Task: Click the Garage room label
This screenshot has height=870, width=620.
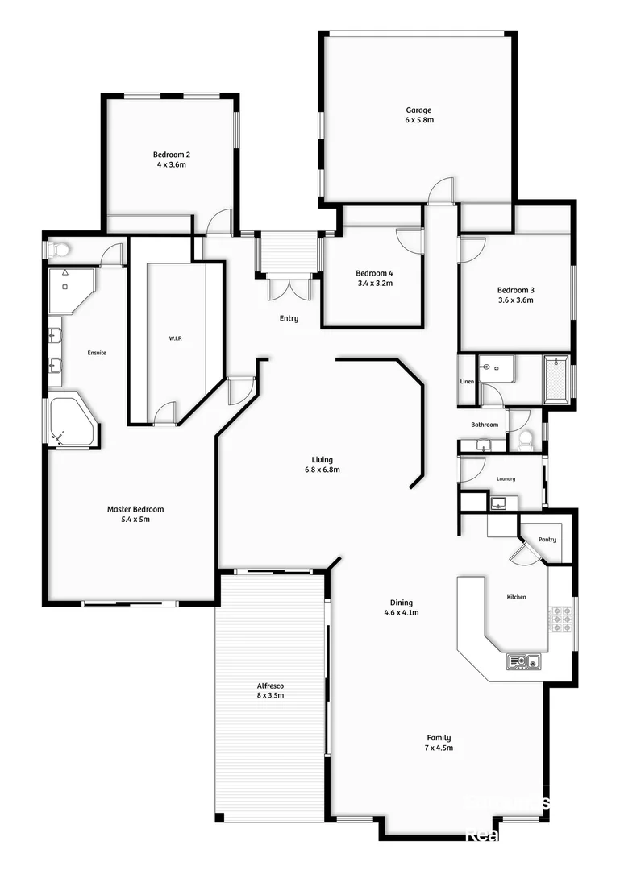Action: click(x=418, y=110)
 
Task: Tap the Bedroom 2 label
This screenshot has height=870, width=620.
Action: click(x=172, y=155)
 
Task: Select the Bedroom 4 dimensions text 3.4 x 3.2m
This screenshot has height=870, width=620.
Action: click(x=374, y=284)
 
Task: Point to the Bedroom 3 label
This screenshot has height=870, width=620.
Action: click(x=515, y=290)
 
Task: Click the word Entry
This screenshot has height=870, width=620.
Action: click(x=289, y=318)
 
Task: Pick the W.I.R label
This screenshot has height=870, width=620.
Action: click(x=176, y=339)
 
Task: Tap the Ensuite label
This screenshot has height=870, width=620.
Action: click(x=98, y=353)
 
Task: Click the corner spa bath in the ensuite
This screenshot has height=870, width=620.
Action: click(x=71, y=420)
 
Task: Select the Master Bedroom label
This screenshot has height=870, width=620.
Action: click(x=135, y=509)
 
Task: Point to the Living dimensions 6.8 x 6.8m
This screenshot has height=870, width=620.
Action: click(x=321, y=470)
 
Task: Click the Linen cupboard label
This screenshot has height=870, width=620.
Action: click(x=467, y=381)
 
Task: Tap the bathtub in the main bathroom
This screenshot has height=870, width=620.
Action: click(x=556, y=379)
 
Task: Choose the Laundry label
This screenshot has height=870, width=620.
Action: click(x=506, y=479)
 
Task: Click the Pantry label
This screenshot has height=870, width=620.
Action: click(x=547, y=540)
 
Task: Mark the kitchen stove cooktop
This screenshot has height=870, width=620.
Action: click(x=560, y=619)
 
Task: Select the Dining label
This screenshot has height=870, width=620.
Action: click(x=402, y=603)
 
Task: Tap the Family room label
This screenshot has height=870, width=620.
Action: click(x=439, y=738)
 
